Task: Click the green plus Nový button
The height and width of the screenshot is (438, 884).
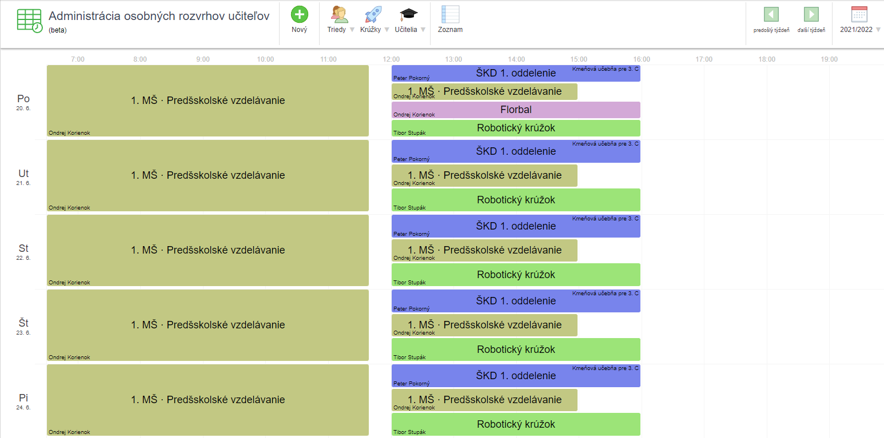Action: coord(300,15)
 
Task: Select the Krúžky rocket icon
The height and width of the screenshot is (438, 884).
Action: coord(373,15)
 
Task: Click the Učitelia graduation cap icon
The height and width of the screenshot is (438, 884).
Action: coord(408,15)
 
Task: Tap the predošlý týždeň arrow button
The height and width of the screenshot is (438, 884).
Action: coord(771,15)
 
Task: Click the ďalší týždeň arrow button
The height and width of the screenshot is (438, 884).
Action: coord(811,15)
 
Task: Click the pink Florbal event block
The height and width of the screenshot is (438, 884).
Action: coord(516,110)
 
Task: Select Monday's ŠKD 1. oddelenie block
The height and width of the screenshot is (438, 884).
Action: coord(516,73)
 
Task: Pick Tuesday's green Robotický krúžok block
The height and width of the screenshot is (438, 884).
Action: coord(516,200)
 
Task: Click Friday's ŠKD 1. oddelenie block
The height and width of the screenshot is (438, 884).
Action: coord(516,376)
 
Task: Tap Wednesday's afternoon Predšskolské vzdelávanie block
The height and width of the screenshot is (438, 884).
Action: coord(485,250)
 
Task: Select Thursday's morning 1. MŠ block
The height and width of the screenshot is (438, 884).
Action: coord(208,326)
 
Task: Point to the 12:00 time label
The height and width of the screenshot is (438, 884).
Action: coord(391,59)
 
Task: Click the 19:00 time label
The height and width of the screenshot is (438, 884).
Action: coord(829,59)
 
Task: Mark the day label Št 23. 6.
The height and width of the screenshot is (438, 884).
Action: coord(23,327)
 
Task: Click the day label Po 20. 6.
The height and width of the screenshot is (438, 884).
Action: coord(23,102)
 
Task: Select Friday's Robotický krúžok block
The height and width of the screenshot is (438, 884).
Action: coord(516,424)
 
